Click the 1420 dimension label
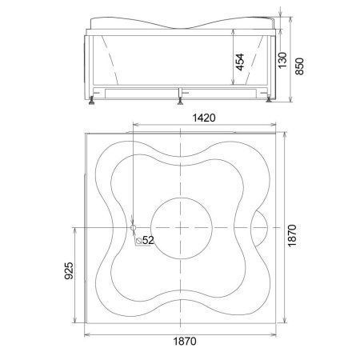tap(204, 118)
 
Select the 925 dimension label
tap(69, 270)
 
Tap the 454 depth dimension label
tap(240, 62)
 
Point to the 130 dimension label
tap(282, 60)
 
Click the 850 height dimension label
tap(299, 66)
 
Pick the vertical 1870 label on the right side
tap(292, 236)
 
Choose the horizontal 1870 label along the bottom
tap(185, 341)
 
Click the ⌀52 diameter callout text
tap(145, 241)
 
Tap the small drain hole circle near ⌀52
tap(133, 227)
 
